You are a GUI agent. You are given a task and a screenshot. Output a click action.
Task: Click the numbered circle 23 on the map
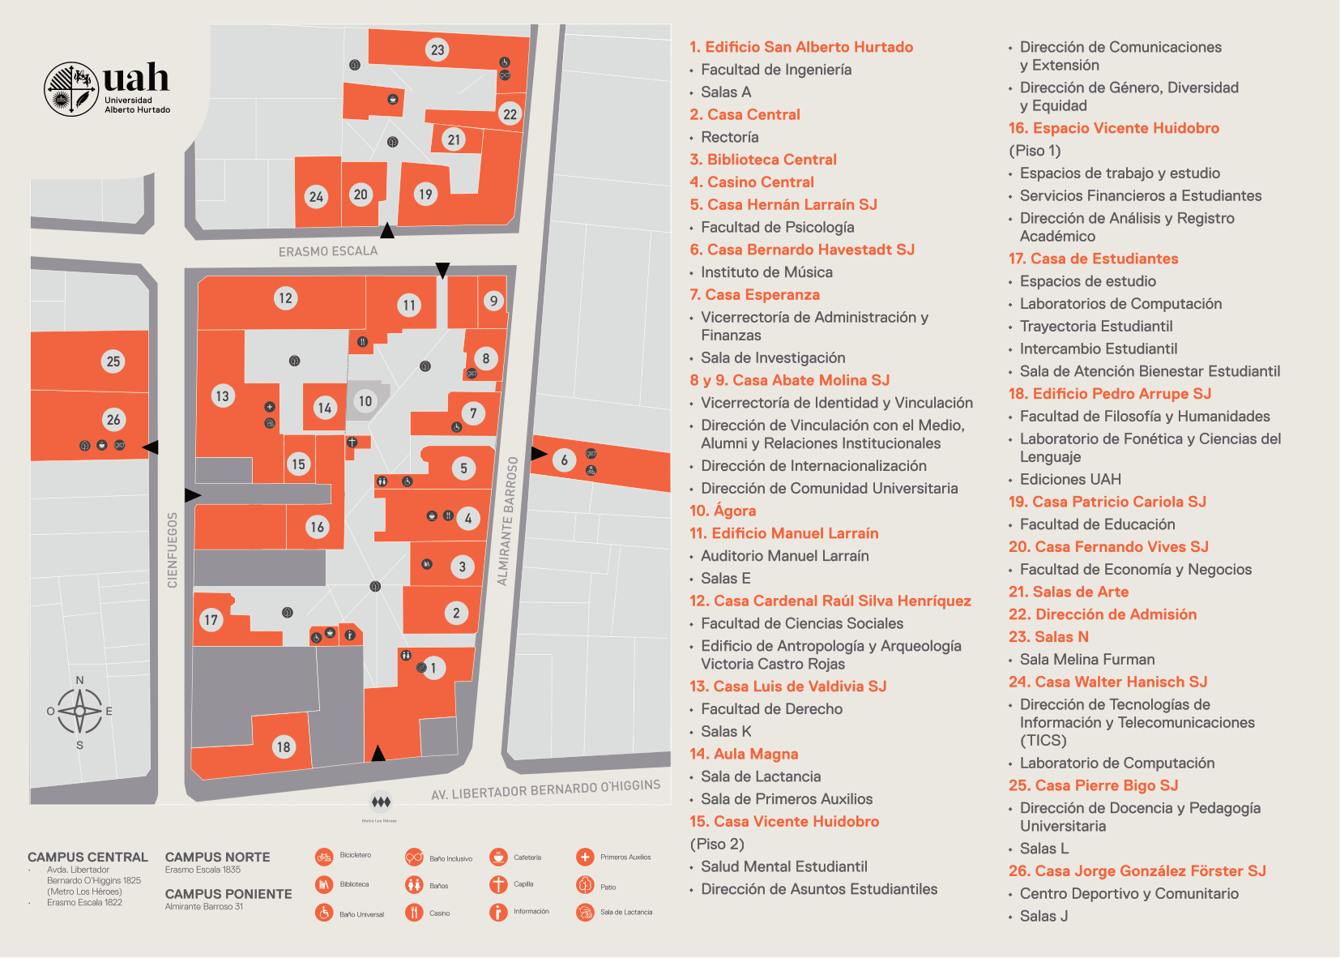pos(437,50)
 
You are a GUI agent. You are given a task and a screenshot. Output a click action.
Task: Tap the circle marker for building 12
pos(285,298)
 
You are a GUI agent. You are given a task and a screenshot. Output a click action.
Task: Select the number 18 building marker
pos(284,747)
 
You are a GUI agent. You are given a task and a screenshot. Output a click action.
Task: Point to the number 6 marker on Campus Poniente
pos(565,460)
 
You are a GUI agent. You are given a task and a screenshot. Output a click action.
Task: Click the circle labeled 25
pos(113,361)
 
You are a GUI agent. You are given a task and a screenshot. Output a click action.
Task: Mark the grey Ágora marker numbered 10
pos(365,401)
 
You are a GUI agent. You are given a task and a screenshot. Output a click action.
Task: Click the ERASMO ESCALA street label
pos(328,252)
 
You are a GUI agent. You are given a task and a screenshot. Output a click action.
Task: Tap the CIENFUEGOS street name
pos(172,550)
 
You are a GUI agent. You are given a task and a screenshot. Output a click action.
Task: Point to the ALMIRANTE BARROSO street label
pos(507,520)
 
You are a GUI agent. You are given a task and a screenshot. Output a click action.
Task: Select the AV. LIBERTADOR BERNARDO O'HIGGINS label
pos(545,789)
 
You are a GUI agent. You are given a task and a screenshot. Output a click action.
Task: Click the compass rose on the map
pos(79,712)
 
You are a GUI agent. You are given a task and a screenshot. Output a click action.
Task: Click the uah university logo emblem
pos(71,89)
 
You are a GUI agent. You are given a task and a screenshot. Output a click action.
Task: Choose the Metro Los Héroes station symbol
pos(381,802)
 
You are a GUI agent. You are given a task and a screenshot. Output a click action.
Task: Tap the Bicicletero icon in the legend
pos(324,857)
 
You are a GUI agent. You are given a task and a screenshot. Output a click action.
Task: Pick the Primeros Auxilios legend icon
pos(585,857)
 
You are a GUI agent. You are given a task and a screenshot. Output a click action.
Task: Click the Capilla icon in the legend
pos(498,884)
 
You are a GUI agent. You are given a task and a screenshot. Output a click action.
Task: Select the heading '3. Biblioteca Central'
pos(763,160)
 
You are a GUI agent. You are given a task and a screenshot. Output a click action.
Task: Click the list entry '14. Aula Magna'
pos(744,754)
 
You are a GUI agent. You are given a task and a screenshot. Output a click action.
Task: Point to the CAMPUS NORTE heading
pos(217,857)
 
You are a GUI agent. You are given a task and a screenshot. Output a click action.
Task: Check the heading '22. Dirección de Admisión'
pos(1102,614)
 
